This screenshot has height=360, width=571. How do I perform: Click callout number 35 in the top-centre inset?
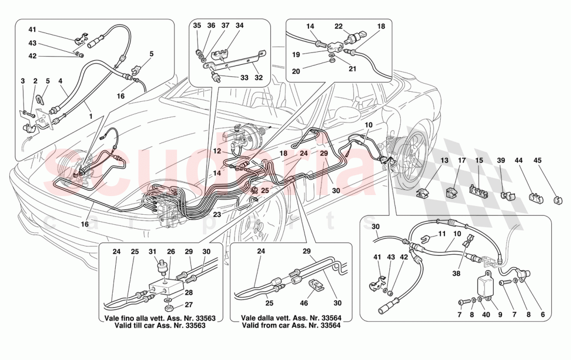pyautogui.click(x=197, y=25)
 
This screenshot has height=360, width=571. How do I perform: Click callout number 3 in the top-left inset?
pyautogui.click(x=23, y=81)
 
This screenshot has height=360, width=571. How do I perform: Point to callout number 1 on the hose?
pyautogui.click(x=91, y=117)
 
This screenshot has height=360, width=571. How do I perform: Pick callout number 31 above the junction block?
pyautogui.click(x=153, y=252)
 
